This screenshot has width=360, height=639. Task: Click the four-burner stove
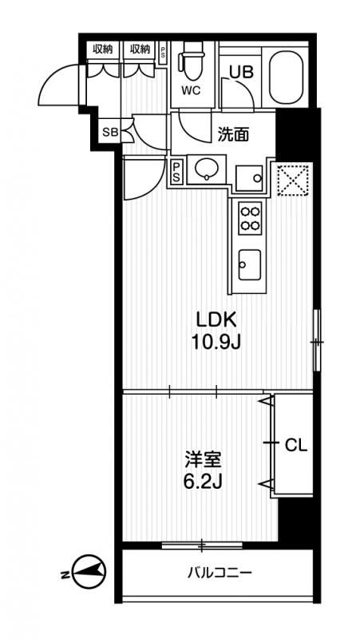tap(250, 217)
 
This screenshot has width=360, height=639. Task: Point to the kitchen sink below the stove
tap(249, 264)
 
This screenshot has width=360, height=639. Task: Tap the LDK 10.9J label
tap(216, 331)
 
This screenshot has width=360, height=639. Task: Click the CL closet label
tap(295, 446)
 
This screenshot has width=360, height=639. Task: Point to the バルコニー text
tap(220, 574)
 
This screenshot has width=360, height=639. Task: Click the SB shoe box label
tap(110, 132)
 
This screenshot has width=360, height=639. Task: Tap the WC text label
tap(192, 91)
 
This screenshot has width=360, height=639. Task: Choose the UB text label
tap(241, 72)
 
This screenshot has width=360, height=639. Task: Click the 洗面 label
tap(232, 134)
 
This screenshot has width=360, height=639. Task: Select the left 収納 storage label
tap(103, 50)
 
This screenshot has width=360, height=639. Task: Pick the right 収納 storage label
tap(140, 50)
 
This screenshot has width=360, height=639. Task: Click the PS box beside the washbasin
tap(177, 173)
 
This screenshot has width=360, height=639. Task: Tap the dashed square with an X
tap(293, 181)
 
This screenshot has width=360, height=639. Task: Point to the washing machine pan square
tap(250, 177)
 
